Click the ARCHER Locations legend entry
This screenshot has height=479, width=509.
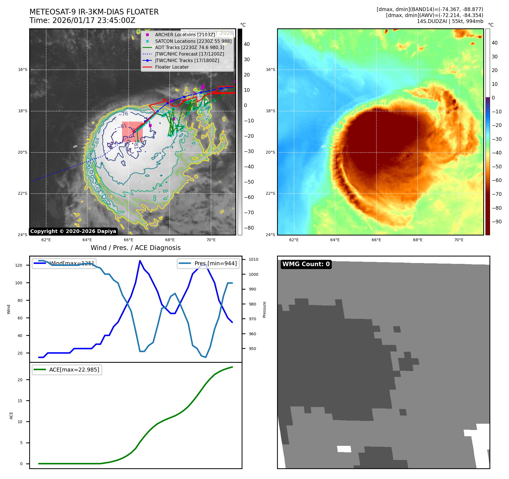pos(185,35)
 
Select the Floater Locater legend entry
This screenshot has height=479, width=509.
pos(172,67)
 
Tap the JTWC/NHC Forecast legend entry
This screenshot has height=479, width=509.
pos(189,54)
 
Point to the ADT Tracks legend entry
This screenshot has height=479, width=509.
pos(189,47)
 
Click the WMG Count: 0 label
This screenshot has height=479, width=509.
pos(306,264)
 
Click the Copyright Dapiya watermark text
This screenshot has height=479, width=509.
pos(73,231)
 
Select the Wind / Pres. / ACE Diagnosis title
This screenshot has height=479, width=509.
pos(135,248)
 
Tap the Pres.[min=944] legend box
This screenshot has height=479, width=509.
pos(208,263)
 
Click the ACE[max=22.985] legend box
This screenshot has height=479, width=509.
pos(67,370)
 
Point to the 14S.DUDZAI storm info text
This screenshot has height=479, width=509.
pos(450,21)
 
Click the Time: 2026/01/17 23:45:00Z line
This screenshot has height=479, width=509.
pos(82,20)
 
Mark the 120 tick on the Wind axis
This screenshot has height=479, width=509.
pos(19,265)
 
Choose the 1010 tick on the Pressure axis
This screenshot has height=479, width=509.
pos(254,259)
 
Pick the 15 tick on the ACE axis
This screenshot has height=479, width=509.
pos(20,401)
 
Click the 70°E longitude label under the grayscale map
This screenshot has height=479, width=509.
pos(211,240)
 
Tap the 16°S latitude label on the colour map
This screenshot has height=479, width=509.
pos(270,69)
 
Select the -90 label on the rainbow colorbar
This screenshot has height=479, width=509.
pos(496,222)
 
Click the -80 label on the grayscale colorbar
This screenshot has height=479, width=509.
pos(249,228)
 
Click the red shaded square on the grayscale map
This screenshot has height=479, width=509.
pos(132,132)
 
